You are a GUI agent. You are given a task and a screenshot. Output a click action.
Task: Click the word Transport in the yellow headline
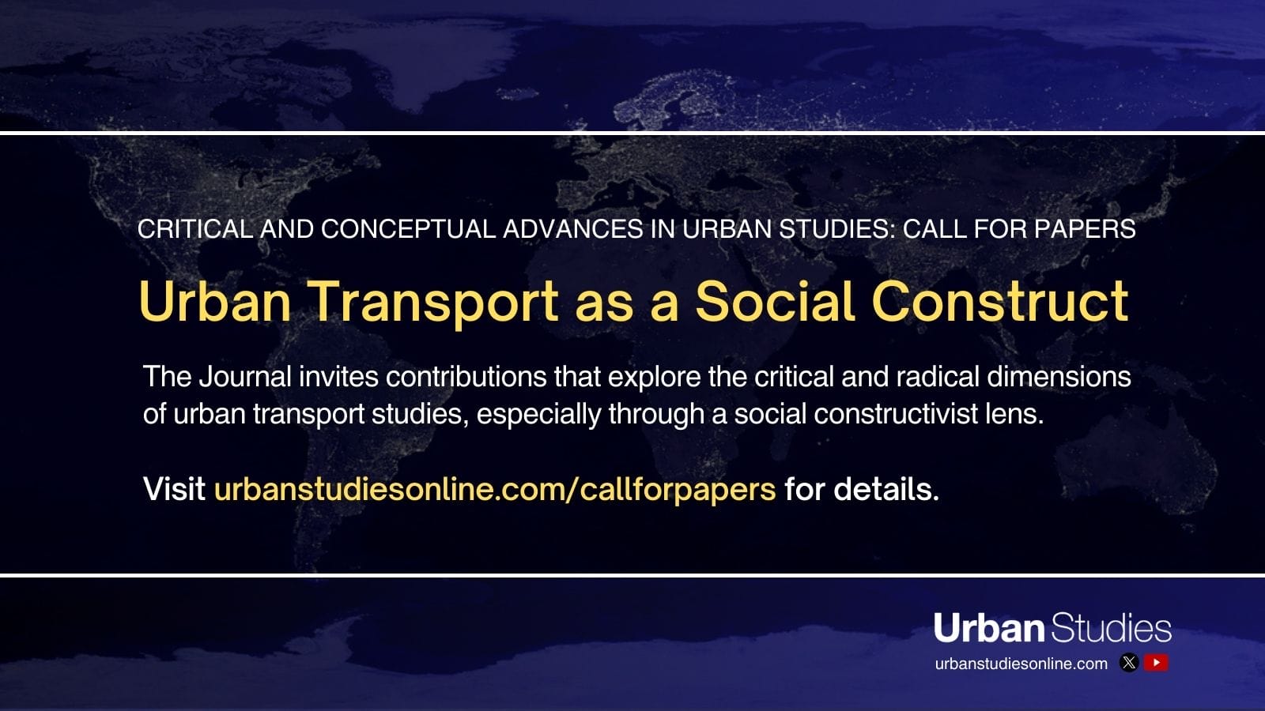coord(433,303)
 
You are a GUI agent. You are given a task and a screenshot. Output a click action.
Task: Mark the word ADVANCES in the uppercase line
coord(572,229)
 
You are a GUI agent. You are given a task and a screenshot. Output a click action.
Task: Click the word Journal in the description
coord(244,377)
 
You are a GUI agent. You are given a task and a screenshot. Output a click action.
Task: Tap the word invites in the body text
coord(338,377)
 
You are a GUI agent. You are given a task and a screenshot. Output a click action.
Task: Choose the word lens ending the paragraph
coord(1014,414)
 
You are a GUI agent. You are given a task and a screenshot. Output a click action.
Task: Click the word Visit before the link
coord(174,490)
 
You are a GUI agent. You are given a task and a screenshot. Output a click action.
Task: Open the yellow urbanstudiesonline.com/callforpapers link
coord(495,490)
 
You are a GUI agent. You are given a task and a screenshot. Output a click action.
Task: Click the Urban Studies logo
coord(1052,628)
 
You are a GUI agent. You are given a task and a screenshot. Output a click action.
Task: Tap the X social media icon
coord(1129,663)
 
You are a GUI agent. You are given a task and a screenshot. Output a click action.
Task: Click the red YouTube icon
coord(1156,663)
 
